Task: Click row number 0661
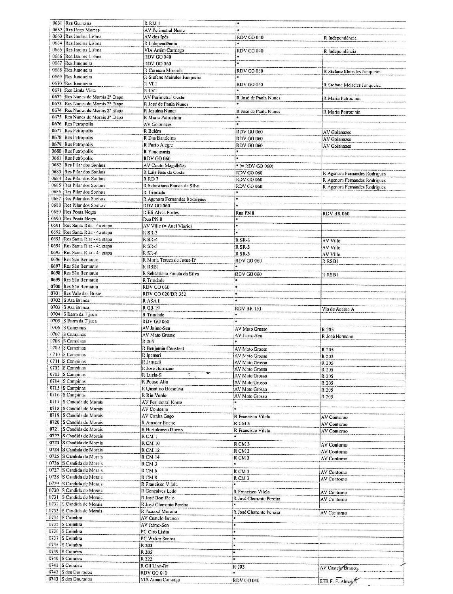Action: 58,23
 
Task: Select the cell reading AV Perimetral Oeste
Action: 164,97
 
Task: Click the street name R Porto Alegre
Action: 158,145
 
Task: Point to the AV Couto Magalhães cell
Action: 164,166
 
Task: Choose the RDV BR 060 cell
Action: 336,214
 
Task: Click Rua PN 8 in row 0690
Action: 152,219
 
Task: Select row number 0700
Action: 57,287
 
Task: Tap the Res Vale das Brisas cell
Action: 83,294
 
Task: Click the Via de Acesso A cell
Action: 338,309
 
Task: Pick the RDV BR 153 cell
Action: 248,309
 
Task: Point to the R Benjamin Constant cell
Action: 163,349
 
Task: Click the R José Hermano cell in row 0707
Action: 337,337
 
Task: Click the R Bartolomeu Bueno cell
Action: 162,430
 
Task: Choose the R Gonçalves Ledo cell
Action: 159,491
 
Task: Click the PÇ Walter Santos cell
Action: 158,539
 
